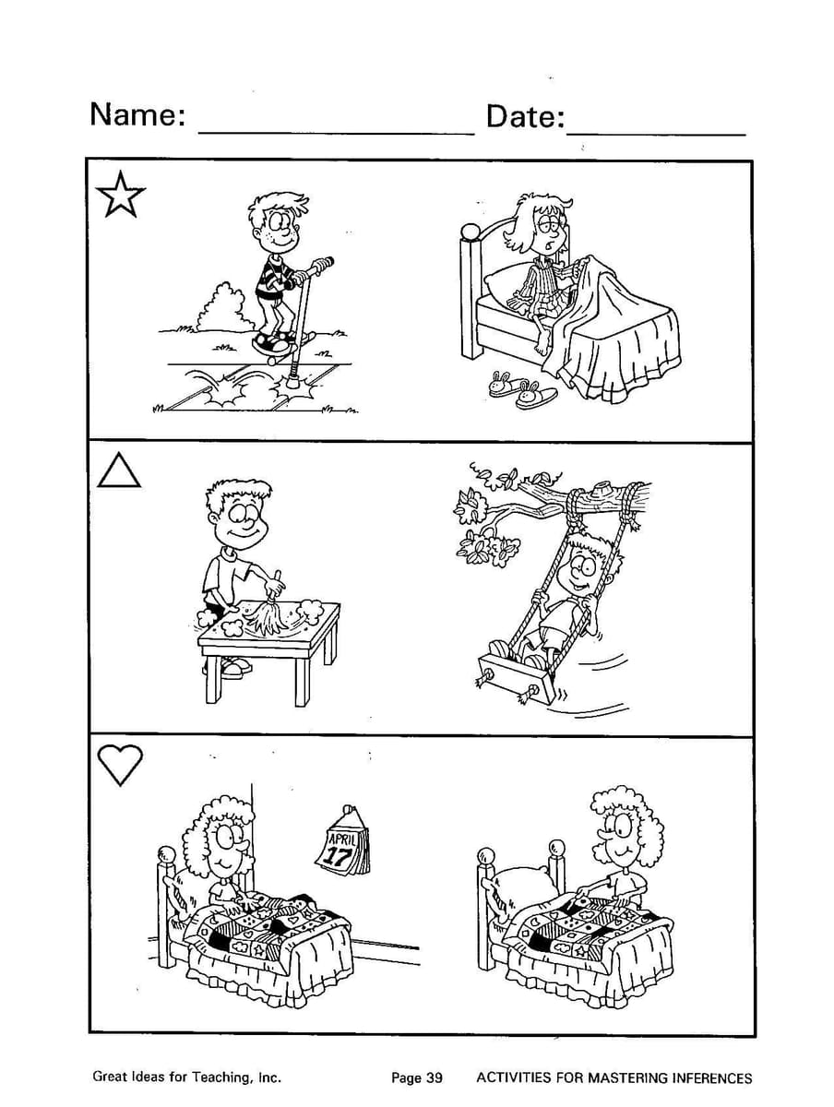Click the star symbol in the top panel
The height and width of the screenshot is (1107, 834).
120,196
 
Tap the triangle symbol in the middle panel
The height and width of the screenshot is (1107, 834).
119,472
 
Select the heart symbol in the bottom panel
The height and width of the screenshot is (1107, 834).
120,766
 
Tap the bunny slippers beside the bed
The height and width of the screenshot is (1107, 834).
521,389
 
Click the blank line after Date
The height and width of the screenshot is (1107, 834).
656,135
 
